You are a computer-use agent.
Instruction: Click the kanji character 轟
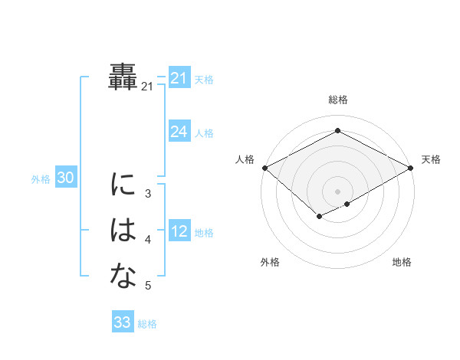pos(123,78)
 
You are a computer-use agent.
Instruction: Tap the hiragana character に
pos(123,185)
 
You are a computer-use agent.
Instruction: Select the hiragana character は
pos(123,231)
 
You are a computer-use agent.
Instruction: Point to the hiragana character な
pos(123,277)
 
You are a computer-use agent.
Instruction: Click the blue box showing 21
pos(179,78)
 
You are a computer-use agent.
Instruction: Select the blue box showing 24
pos(179,132)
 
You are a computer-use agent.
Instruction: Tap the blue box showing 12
pos(179,231)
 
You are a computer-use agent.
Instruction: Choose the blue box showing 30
pos(65,178)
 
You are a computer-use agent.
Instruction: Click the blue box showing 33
pos(122,322)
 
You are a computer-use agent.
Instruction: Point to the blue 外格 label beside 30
pos(41,179)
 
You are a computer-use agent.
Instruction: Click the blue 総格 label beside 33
pos(147,324)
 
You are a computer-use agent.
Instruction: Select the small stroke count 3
pos(148,194)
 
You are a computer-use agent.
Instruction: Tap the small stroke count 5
pos(148,286)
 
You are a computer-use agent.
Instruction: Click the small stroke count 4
pos(148,240)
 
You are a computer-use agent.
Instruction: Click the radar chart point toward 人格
pos(264,168)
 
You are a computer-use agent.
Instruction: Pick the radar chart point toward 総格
pos(337,131)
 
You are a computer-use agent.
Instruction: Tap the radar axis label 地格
pos(402,262)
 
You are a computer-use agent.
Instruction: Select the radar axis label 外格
pos(270,262)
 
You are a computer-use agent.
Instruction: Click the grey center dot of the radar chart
pos(337,191)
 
